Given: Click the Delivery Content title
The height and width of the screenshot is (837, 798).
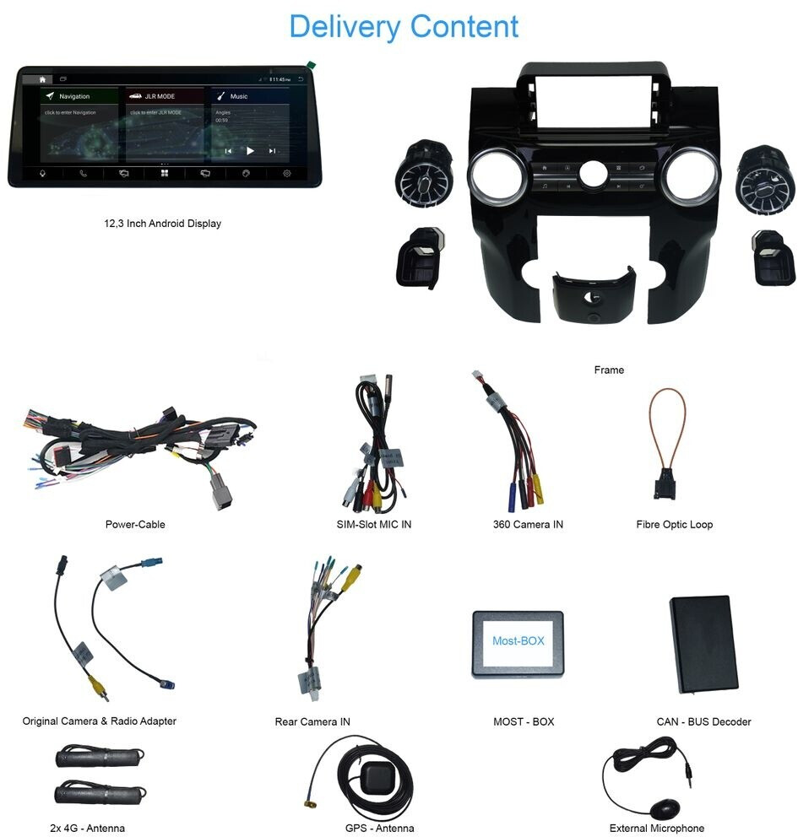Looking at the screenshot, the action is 404,26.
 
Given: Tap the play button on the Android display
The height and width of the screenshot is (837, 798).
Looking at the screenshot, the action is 250,151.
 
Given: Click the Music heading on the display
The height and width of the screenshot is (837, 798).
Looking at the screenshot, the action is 239,97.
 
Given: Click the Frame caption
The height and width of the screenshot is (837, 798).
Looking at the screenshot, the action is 609,370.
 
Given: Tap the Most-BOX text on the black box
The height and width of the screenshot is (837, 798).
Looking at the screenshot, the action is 518,641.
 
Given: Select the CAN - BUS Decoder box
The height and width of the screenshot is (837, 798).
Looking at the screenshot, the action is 703,643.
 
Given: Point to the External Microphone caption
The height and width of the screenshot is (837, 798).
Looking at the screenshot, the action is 657,828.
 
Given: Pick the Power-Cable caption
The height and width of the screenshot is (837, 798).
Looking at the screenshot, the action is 135,525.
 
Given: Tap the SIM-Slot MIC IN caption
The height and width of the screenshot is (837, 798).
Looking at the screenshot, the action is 374,525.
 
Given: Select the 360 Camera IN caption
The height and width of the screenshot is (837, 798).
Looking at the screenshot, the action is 528,525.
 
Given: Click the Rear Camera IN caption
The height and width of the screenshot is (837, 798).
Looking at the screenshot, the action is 312,721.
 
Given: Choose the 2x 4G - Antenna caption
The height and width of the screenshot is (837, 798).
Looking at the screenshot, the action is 88,828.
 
